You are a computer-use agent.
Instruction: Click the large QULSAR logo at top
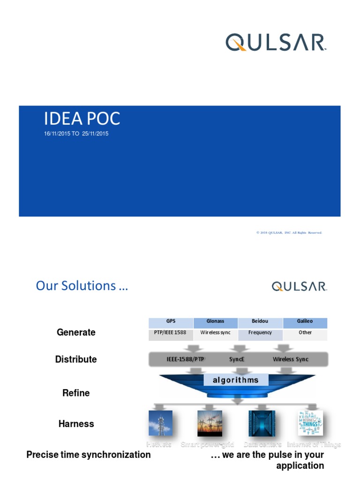tap(276, 42)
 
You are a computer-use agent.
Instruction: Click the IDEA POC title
tap(82, 119)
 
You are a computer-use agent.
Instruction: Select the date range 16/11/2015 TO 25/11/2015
tap(76, 134)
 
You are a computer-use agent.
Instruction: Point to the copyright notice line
tap(289, 232)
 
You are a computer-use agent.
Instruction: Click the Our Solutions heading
tap(82, 286)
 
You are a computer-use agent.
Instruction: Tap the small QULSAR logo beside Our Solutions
tap(299, 286)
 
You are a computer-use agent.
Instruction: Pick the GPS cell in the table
tap(171, 322)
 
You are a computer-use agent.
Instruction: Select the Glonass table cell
tap(215, 322)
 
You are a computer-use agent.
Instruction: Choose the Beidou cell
tap(260, 322)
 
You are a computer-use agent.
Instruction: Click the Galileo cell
tap(305, 322)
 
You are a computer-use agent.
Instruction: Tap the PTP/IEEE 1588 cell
tap(171, 333)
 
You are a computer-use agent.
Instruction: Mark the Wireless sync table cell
tap(215, 333)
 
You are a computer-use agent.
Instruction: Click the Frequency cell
tap(260, 333)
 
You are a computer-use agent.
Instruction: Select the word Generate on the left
tap(76, 332)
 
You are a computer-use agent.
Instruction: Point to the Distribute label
tap(76, 360)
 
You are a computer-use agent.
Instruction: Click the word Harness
tap(76, 424)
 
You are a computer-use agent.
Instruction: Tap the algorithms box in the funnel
tap(236, 380)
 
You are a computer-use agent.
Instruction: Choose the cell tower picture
tap(160, 423)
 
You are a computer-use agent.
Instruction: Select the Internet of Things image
tap(310, 423)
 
